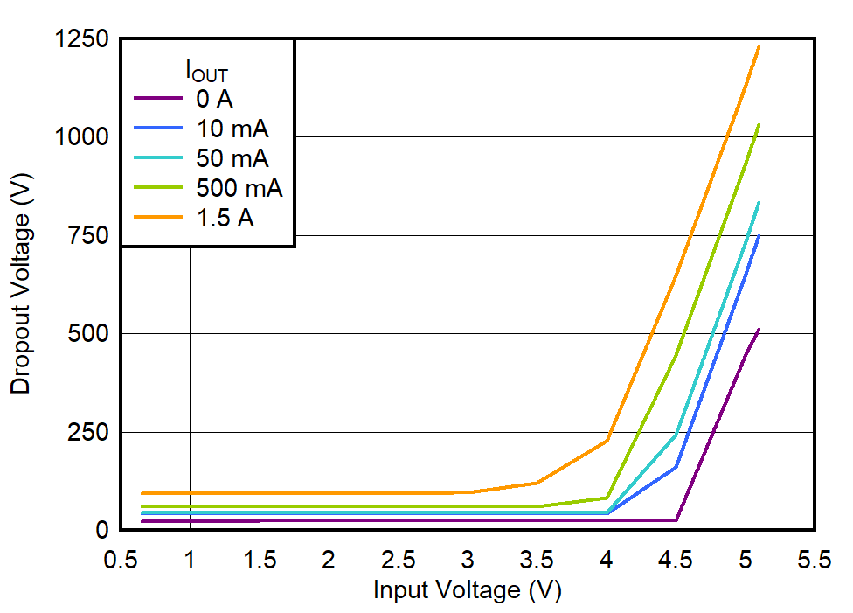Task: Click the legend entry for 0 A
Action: pos(214,97)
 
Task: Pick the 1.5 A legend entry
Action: pos(225,219)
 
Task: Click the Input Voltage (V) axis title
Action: pos(467,590)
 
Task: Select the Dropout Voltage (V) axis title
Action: pos(21,284)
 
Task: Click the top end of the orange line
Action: pos(759,47)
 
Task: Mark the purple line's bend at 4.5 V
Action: pos(676,520)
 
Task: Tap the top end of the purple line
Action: pos(759,330)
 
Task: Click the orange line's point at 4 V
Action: pos(607,440)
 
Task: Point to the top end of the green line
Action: pos(759,125)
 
